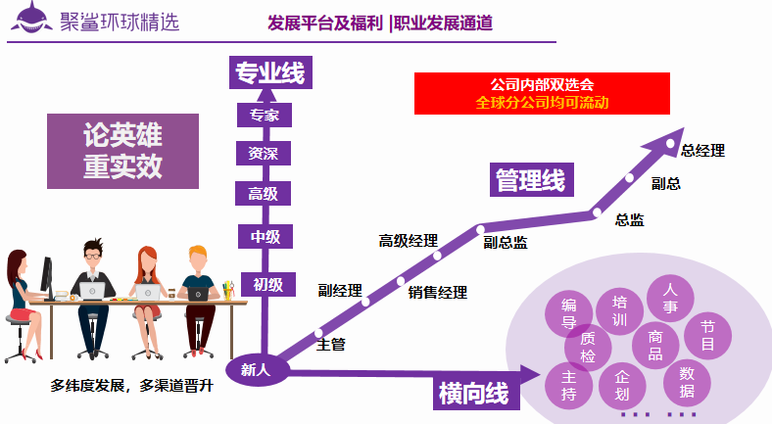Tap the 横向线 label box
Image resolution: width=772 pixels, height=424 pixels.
pyautogui.click(x=473, y=394)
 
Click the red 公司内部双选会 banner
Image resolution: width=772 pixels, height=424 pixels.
pyautogui.click(x=542, y=93)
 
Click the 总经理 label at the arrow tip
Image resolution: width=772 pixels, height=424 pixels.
pyautogui.click(x=702, y=150)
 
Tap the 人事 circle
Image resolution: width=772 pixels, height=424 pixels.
pyautogui.click(x=670, y=296)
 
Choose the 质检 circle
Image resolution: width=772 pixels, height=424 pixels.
pyautogui.click(x=588, y=347)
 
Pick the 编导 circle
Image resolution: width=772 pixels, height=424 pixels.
pyautogui.click(x=568, y=312)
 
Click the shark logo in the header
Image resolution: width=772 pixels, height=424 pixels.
pyautogui.click(x=32, y=21)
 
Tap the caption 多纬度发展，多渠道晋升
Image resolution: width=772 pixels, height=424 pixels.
pyautogui.click(x=131, y=385)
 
